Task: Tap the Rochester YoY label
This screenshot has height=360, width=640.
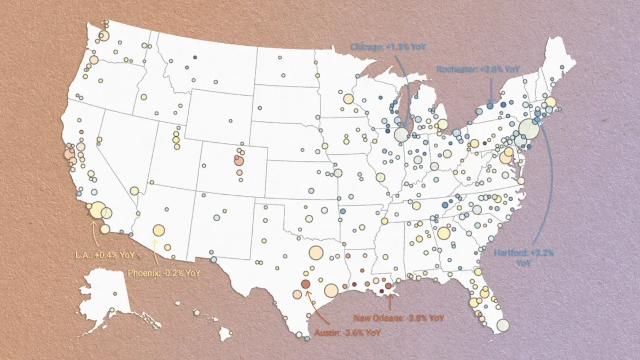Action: (478, 69)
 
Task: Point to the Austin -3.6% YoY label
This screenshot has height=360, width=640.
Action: (347, 332)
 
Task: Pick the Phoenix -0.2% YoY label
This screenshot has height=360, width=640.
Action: (164, 272)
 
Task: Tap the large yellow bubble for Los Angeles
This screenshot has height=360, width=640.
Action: (98, 210)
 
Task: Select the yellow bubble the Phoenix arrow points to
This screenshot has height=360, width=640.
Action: (159, 230)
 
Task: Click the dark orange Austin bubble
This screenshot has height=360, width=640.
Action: (305, 284)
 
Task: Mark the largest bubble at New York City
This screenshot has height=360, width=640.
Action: (529, 129)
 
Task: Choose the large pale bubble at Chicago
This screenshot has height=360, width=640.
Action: (401, 135)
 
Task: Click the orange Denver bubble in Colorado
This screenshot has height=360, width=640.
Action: (239, 161)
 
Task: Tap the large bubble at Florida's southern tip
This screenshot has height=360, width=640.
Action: (502, 326)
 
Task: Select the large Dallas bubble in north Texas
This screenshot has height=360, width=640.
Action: (316, 253)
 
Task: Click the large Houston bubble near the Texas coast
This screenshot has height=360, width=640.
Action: (331, 291)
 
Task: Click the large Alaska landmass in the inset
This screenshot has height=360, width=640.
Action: (107, 295)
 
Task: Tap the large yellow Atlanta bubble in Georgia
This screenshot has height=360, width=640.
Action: (444, 234)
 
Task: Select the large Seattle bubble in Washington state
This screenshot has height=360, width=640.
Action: (104, 36)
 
